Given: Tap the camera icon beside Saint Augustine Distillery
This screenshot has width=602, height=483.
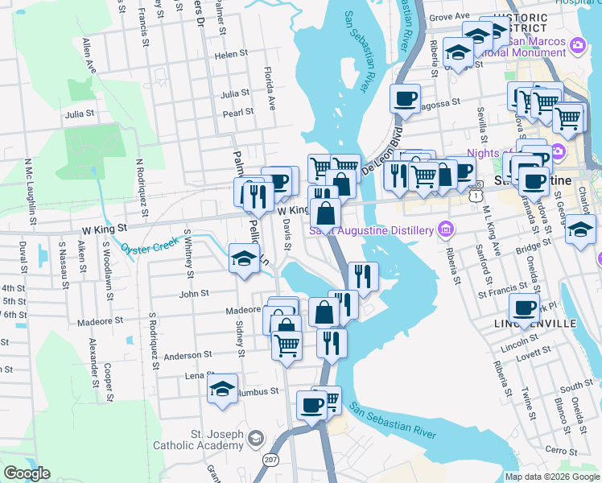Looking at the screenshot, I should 443,231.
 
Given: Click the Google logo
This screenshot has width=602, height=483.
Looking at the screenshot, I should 27,473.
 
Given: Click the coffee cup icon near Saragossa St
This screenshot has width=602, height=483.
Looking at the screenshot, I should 405,99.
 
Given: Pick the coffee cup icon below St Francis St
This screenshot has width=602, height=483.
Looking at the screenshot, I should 524,308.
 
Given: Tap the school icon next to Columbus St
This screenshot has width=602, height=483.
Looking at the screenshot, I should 223,389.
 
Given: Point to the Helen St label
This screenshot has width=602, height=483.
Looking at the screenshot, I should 231,55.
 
